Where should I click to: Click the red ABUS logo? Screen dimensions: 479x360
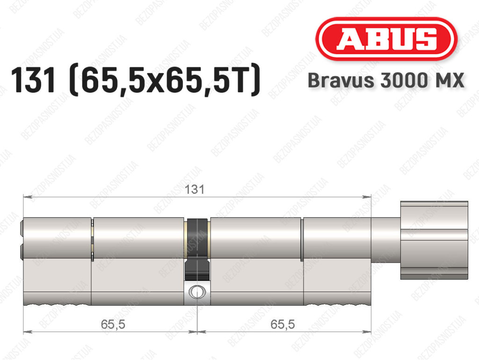click(x=386, y=39)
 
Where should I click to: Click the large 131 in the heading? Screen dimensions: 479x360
click(x=34, y=80)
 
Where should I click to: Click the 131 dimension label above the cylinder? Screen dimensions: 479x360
click(x=194, y=190)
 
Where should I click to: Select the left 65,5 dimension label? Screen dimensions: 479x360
click(x=113, y=324)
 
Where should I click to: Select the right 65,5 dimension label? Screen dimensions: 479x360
click(x=283, y=324)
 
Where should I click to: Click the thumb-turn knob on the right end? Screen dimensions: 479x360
click(x=434, y=240)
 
